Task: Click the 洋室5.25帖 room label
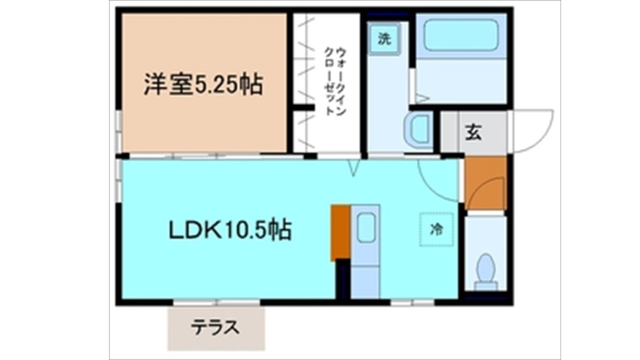[202, 86]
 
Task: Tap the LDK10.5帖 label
[230, 230]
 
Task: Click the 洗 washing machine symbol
[384, 39]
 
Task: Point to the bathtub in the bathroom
[461, 35]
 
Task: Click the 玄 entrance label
[473, 133]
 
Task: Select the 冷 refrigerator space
[437, 229]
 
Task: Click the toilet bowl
[485, 270]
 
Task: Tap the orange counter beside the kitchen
[340, 232]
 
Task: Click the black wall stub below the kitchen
[343, 279]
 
